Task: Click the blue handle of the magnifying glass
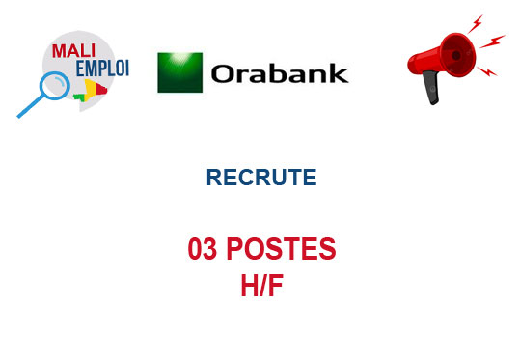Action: coord(28,109)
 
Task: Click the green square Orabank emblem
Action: coord(179,72)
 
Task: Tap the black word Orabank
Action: coord(278,73)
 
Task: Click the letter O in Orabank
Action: coord(223,74)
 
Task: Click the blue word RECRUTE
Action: coord(260,178)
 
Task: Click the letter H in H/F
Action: coord(248,286)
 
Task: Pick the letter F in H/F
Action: coord(276,286)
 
